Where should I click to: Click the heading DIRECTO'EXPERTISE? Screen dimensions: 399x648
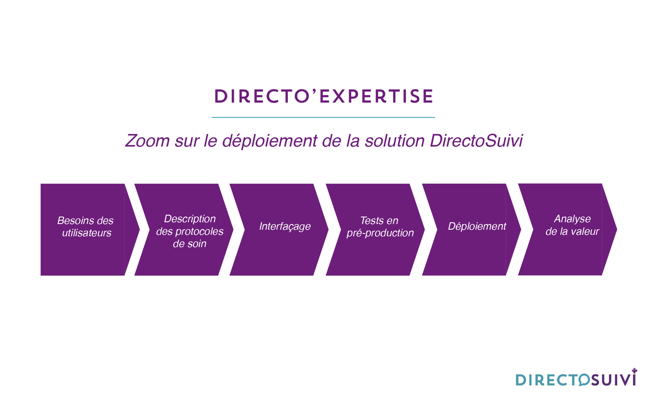tap(323, 96)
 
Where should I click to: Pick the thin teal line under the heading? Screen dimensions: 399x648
tap(323, 117)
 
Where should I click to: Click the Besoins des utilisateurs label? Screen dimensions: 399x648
tap(86, 227)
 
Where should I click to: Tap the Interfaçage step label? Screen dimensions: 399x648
tap(285, 226)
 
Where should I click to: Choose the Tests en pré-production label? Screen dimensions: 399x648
tap(380, 227)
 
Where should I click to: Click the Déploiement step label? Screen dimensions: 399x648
tap(477, 226)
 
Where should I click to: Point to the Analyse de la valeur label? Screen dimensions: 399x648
tap(572, 225)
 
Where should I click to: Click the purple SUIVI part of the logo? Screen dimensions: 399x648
tap(612, 380)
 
